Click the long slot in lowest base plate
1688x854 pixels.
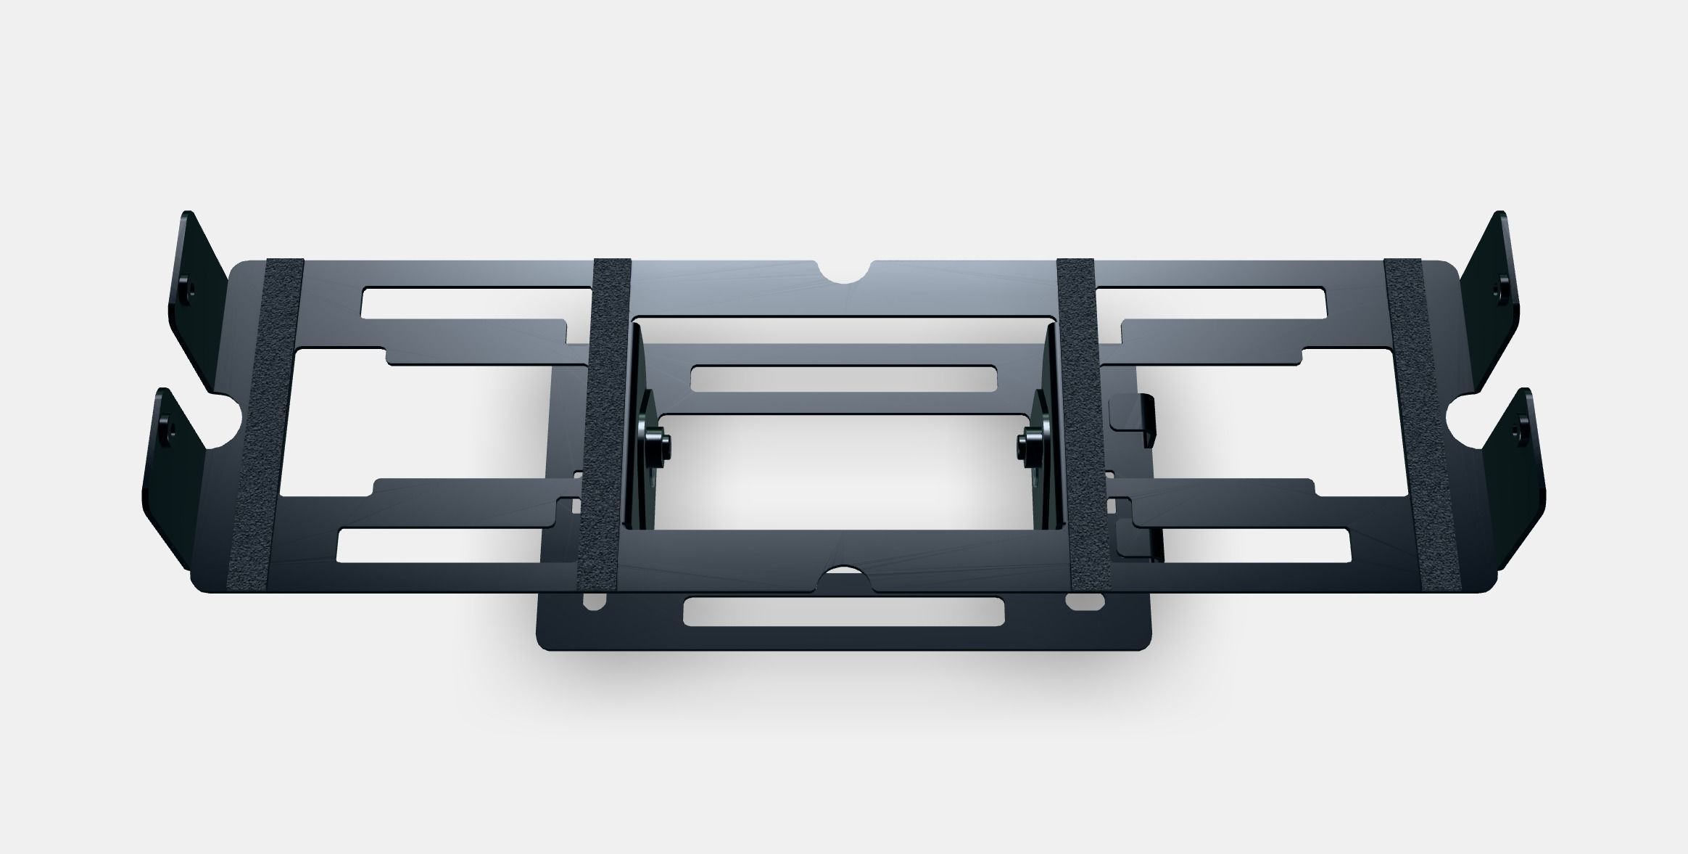tap(843, 611)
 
